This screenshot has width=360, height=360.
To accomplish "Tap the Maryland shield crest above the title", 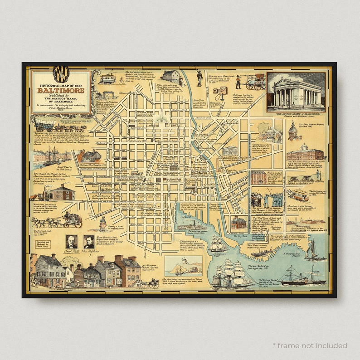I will pos(60,74).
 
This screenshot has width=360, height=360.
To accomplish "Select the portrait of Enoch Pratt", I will pos(71,242).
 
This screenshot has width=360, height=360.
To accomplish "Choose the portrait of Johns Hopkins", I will pos(89,242).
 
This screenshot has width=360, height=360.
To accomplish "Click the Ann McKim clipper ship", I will pos(232,274).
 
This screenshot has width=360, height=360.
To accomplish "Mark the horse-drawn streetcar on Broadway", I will pos(299,195).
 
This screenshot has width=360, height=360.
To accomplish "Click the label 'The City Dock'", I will pos(240,237).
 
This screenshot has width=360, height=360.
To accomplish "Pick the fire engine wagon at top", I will pos(255,82).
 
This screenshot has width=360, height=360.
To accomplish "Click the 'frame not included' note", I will pos(310,345).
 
